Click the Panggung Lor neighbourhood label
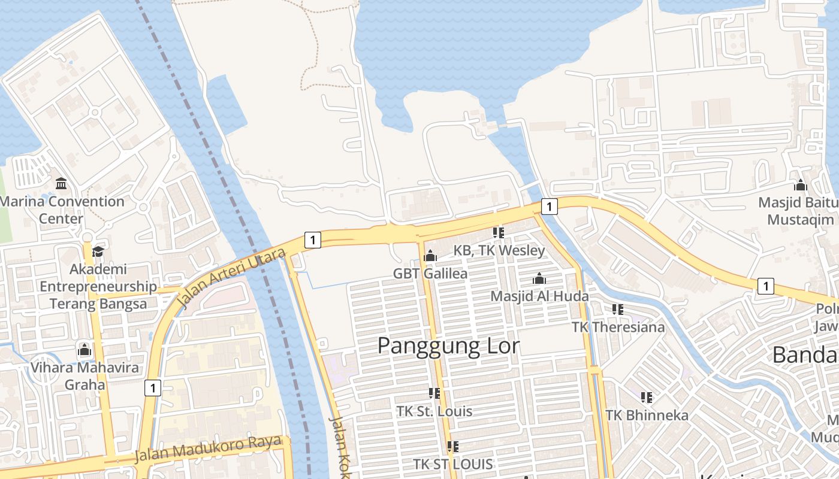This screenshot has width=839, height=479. point(448,346)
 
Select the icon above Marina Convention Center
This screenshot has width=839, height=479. point(61,183)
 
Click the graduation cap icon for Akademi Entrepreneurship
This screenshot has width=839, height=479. point(98,251)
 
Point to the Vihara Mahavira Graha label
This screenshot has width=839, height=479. point(84,375)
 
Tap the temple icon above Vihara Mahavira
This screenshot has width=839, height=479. point(84,349)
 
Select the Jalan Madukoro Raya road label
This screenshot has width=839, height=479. point(208,449)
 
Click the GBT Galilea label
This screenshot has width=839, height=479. point(430,274)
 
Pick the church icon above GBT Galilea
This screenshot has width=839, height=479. point(430,256)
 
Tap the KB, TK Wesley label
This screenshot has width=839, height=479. point(499,250)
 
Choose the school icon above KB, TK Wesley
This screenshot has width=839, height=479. point(498,232)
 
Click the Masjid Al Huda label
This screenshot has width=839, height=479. point(539,296)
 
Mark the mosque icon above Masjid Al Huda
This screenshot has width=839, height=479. point(539,278)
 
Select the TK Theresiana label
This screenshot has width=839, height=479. point(618,327)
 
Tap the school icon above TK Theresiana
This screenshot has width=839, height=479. point(618,310)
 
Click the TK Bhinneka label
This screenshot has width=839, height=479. point(647,415)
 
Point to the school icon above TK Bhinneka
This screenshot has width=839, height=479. point(646,397)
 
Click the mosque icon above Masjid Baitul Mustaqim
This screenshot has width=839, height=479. point(801,185)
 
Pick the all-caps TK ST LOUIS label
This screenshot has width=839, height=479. point(453,464)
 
